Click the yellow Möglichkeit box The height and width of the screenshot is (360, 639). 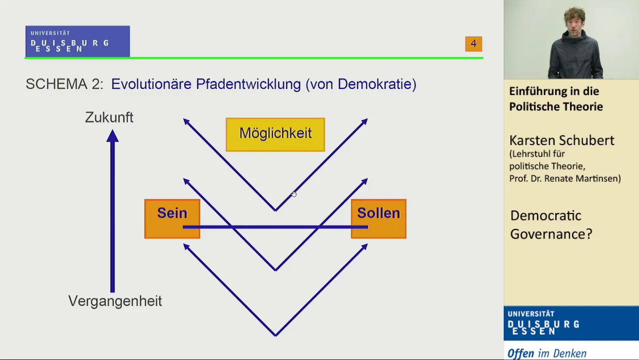point(275,134)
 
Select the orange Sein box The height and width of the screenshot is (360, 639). point(172,219)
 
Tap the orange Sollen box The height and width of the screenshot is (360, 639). point(378,219)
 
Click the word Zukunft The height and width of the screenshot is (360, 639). point(109,117)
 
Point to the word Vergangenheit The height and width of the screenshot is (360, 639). point(115,301)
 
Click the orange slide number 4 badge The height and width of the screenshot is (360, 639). point(474,44)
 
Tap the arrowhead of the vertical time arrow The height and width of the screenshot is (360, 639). point(112,135)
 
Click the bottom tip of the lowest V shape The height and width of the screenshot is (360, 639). point(276,335)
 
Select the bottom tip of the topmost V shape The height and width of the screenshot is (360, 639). point(276,210)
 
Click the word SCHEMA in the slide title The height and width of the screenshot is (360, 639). point(57,84)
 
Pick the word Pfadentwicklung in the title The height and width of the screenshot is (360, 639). point(248,84)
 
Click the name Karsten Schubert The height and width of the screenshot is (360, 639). point(562,140)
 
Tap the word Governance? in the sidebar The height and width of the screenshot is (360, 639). point(551,234)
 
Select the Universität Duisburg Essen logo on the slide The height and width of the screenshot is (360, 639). point(77,41)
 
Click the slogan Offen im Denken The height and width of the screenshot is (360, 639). point(547,353)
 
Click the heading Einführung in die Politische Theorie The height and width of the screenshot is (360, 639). point(556,99)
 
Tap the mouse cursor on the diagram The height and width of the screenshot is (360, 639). point(294,194)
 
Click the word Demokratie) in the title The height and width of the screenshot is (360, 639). point(377,84)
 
